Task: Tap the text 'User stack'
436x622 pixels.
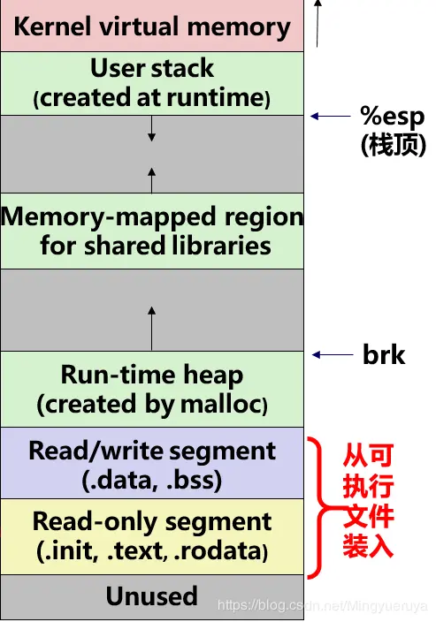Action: click(x=151, y=68)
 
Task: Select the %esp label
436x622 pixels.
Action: click(x=392, y=117)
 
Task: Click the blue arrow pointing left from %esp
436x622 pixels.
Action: click(x=331, y=116)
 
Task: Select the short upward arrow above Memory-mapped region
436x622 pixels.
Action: click(x=151, y=180)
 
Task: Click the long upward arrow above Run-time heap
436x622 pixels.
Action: click(x=151, y=327)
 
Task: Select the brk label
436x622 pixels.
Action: click(x=384, y=355)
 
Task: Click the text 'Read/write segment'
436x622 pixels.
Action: click(x=151, y=451)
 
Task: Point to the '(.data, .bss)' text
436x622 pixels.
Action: click(x=151, y=480)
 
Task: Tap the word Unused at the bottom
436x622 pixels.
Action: click(x=151, y=596)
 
